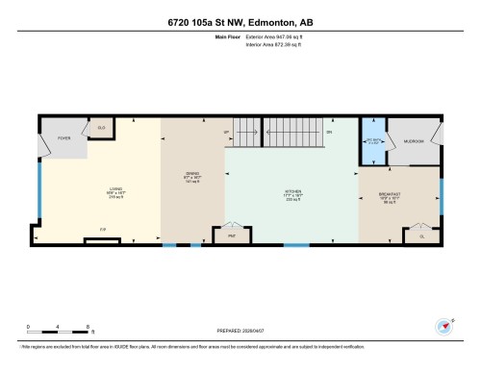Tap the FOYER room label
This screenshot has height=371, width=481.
(64, 138)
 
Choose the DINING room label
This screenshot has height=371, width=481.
(191, 175)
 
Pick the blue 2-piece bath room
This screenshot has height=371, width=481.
(372, 141)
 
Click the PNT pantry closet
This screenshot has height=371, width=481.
(232, 234)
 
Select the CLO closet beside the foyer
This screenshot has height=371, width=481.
(100, 127)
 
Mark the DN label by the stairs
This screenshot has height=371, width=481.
(328, 132)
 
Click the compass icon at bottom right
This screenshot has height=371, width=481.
(444, 325)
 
